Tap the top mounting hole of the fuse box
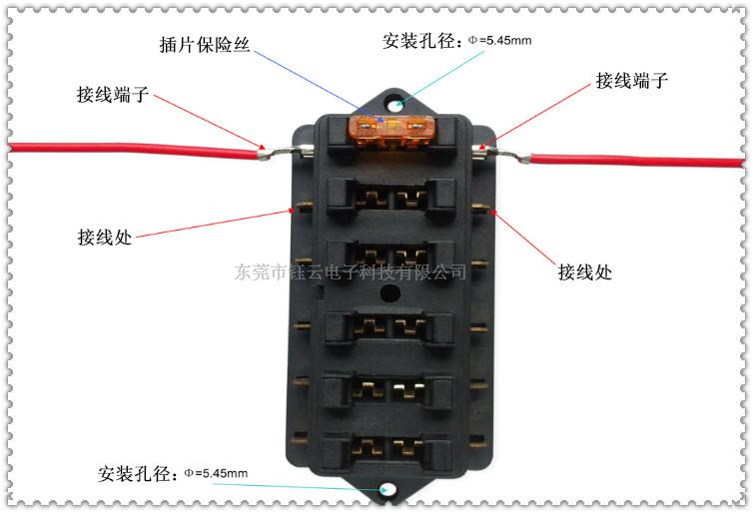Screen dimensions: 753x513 397,103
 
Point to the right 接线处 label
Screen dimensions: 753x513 585,271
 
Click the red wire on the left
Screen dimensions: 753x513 130,150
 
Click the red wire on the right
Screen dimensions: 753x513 639,160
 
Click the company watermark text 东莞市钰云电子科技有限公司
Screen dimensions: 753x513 351,271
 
